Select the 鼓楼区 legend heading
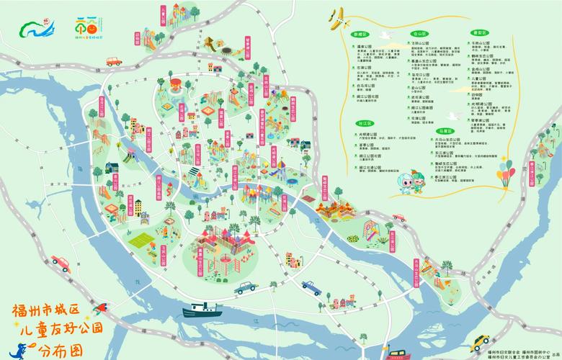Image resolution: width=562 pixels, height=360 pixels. pos(360,34)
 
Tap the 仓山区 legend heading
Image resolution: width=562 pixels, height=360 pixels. pos(419,34)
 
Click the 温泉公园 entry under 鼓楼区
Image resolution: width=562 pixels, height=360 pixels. pos(364,45)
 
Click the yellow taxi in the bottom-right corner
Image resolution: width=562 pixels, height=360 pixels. pos(480,341)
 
